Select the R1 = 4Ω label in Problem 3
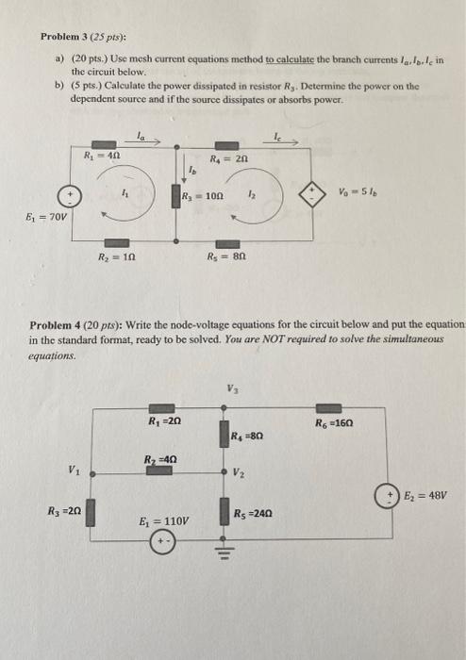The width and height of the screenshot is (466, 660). tap(101, 156)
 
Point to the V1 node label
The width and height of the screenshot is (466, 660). tap(74, 470)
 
